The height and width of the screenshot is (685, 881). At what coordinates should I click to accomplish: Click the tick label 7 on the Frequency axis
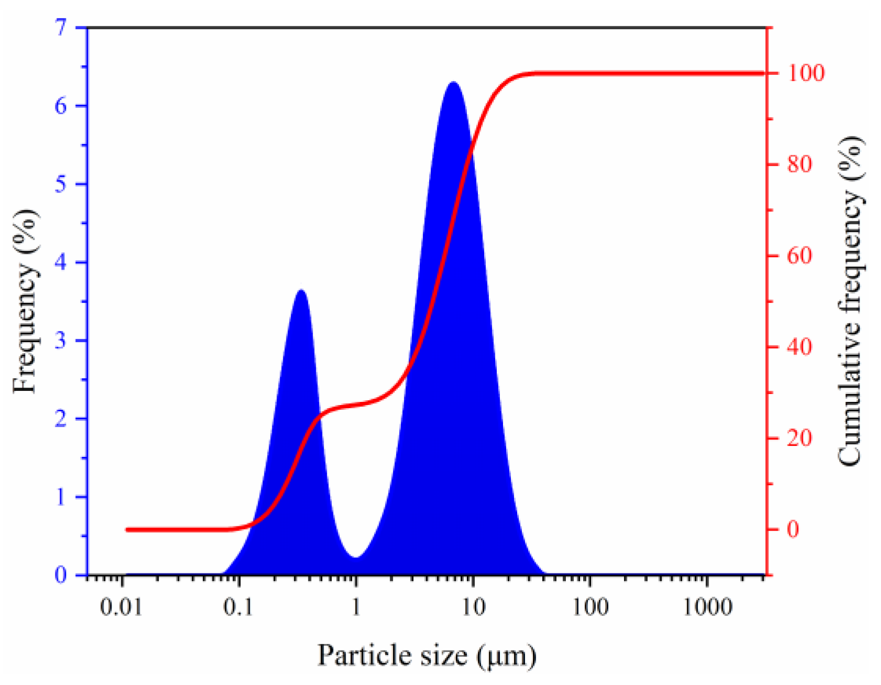(x=62, y=27)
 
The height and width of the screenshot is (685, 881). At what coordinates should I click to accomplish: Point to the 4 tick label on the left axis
(x=62, y=262)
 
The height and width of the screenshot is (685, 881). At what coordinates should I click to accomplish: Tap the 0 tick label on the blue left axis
(x=62, y=575)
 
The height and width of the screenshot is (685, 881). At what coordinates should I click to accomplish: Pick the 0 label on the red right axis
(x=793, y=530)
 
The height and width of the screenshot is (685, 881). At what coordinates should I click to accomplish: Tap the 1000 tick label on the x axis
(x=707, y=608)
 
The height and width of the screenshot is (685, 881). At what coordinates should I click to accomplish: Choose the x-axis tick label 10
(x=473, y=608)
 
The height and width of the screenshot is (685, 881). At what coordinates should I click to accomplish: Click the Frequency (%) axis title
(x=25, y=301)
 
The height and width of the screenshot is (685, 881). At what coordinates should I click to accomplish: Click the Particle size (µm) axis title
(x=427, y=656)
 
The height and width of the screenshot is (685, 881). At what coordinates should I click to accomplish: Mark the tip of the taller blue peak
(x=453, y=82)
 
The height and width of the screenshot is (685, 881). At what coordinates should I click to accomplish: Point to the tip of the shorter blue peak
(x=301, y=290)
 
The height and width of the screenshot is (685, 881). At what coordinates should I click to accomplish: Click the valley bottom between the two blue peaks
(x=356, y=557)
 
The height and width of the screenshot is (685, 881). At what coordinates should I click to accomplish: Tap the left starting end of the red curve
(x=127, y=530)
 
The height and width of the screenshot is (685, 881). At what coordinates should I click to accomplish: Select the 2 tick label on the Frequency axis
(x=62, y=419)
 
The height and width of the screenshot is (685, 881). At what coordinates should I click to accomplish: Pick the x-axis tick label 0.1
(x=239, y=608)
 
